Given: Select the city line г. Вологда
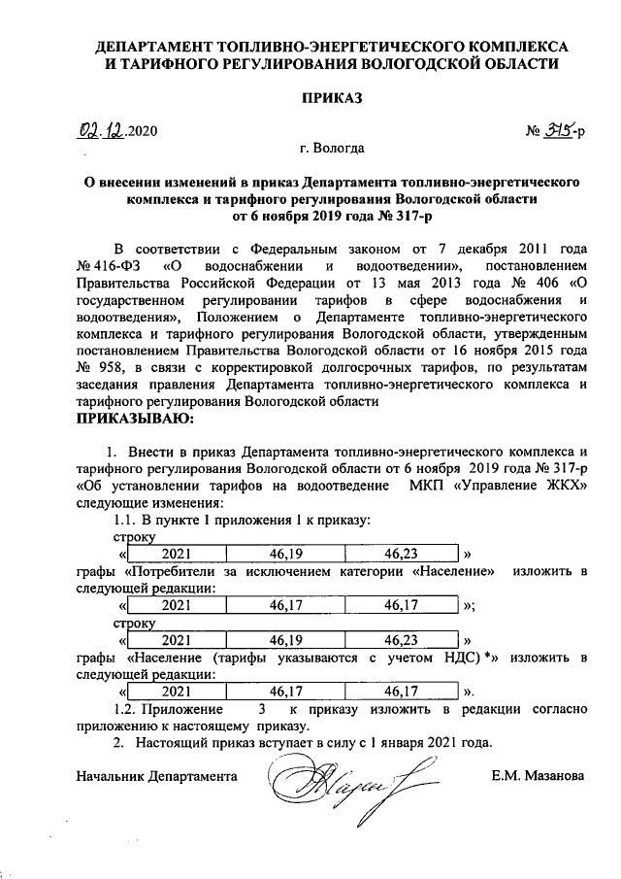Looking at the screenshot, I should [333, 149].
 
